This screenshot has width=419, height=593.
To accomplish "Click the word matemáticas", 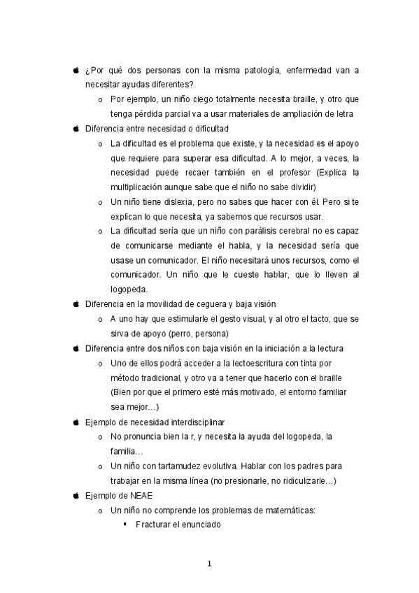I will [x=285, y=510].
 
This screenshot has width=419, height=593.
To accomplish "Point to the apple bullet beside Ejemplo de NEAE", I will [x=76, y=495].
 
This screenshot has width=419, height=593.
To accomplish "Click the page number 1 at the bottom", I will [x=209, y=565].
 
